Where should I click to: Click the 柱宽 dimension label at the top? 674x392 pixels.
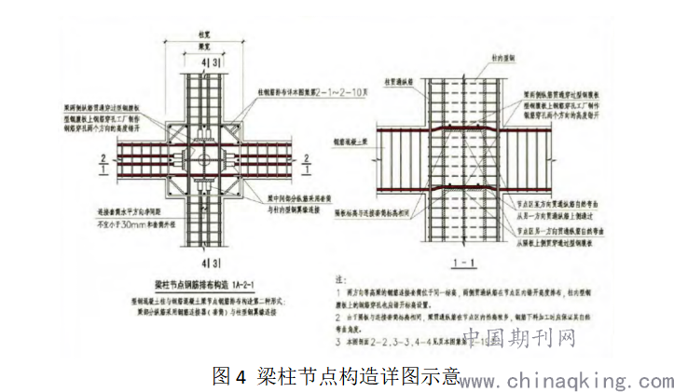(204, 34)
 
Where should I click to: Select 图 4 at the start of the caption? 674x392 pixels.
(228, 376)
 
